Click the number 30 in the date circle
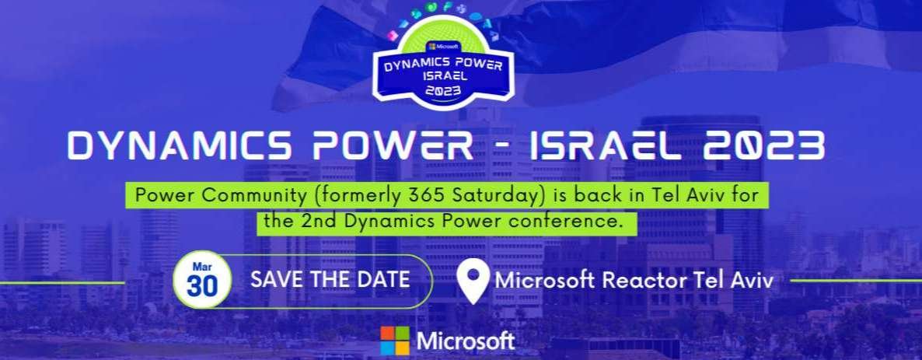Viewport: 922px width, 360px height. tap(202, 286)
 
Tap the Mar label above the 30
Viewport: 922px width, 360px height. tap(202, 265)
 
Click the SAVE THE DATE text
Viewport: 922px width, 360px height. tap(330, 279)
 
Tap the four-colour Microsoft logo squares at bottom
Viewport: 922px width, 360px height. tap(394, 341)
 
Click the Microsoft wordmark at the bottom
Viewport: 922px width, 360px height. tap(466, 341)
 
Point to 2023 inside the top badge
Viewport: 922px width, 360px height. tap(442, 89)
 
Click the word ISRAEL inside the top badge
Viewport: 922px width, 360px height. tap(440, 77)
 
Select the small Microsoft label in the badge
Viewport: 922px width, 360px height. tap(442, 47)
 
